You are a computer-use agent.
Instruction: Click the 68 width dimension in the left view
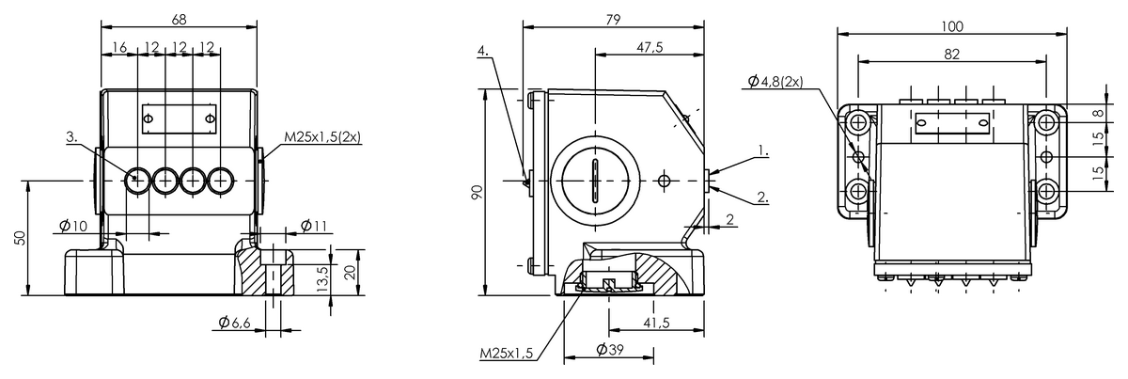[x=179, y=19]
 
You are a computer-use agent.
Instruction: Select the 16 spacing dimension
[x=119, y=47]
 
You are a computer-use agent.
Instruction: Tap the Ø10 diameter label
[x=73, y=226]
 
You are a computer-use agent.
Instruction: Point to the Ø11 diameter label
[x=314, y=226]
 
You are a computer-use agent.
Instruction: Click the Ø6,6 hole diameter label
[x=235, y=322]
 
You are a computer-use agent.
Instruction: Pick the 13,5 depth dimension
[x=322, y=279]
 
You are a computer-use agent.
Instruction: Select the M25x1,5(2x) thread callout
[x=322, y=137]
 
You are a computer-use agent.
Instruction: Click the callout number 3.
[x=72, y=137]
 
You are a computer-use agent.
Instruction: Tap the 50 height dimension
[x=19, y=238]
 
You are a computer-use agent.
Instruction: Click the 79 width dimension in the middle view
[x=613, y=19]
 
